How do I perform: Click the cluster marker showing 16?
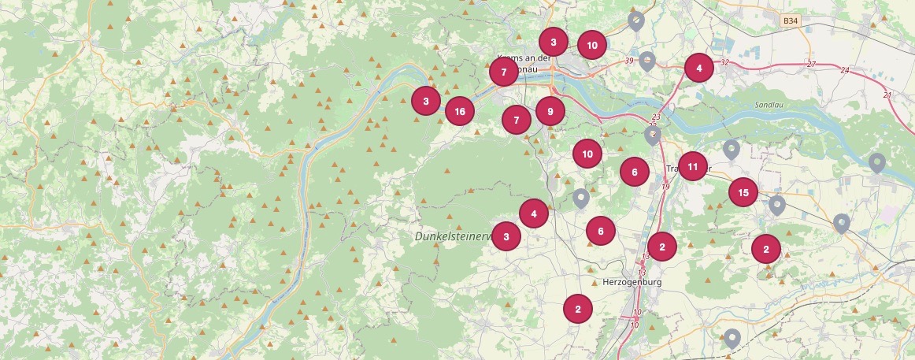coord(460,111)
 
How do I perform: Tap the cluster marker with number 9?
coord(550,111)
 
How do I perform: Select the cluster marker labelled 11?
coord(692,166)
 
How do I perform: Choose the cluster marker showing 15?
coord(743,191)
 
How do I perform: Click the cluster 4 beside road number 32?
coord(698,69)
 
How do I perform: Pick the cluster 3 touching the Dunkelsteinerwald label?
coord(506,236)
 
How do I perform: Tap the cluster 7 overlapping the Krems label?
coord(503,72)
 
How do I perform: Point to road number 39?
coord(628,61)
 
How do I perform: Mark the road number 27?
coord(811,64)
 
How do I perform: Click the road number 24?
coord(845,71)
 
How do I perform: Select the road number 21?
coord(887,95)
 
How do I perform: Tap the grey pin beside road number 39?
coord(647,60)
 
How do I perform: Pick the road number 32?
coord(724,61)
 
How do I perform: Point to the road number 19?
coord(665,187)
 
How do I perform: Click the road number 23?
coord(656,117)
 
